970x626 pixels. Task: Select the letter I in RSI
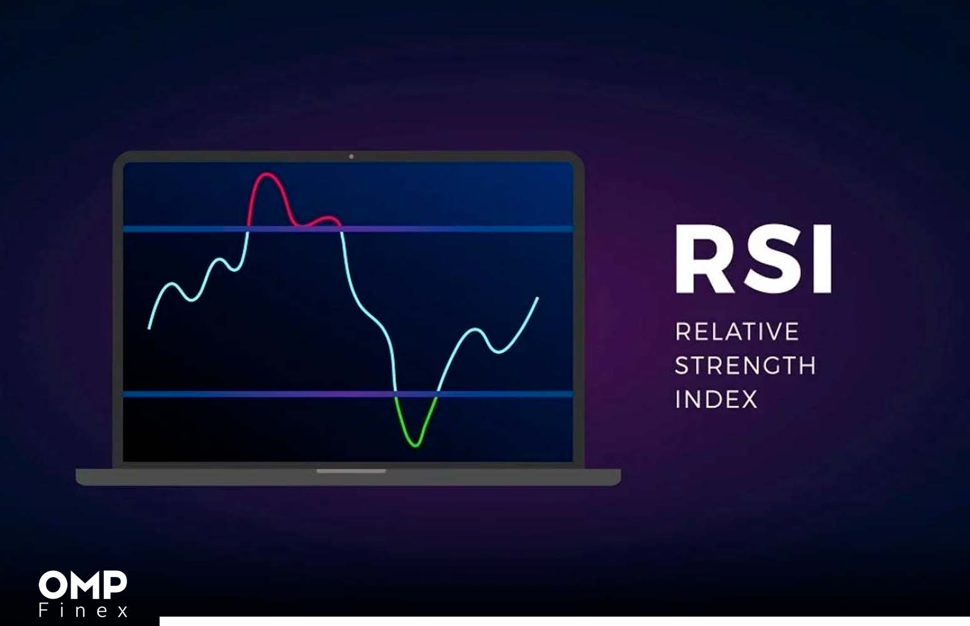pos(822,259)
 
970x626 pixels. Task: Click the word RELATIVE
pos(737,332)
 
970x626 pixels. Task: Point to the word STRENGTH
pos(745,366)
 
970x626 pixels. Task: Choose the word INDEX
pos(717,399)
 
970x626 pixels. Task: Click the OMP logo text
pos(83,585)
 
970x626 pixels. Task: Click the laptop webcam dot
pos(351,156)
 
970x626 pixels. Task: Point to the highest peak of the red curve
pos(267,174)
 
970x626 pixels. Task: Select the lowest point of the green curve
pos(416,445)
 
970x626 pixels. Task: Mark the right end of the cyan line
pos(538,298)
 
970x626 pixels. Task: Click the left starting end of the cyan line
pos(150,328)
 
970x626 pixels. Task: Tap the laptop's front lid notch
pos(350,471)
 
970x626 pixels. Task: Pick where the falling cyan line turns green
pos(396,394)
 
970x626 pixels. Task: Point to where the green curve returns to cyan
pos(437,394)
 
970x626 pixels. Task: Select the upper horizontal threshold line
pos(348,228)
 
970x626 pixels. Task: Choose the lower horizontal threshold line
pos(348,394)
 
